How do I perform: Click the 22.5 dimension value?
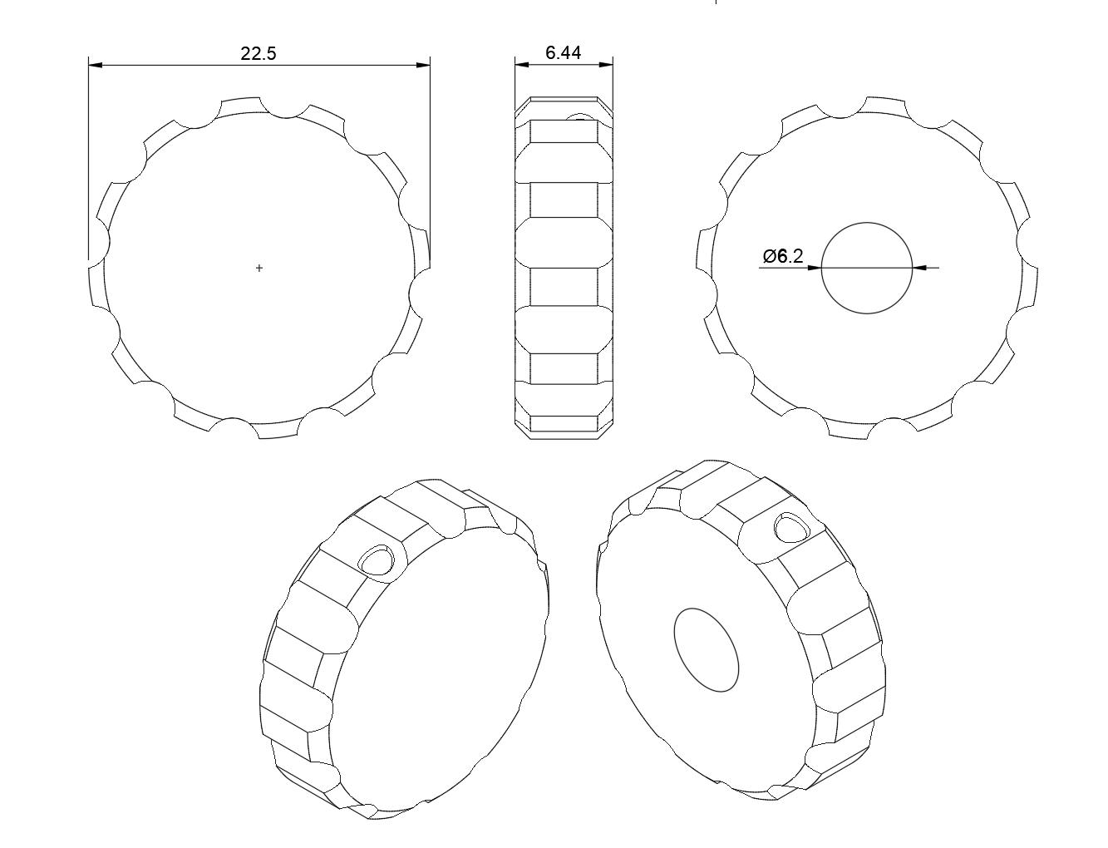pyautogui.click(x=258, y=53)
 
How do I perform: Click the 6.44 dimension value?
pyautogui.click(x=563, y=52)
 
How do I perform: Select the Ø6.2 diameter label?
pyautogui.click(x=782, y=256)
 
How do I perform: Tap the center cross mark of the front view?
pyautogui.click(x=259, y=268)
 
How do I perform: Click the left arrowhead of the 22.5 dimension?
pyautogui.click(x=96, y=65)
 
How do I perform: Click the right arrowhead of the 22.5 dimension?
pyautogui.click(x=423, y=65)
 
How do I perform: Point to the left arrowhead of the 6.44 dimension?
pyautogui.click(x=521, y=65)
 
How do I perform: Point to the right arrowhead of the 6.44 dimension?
pyautogui.click(x=606, y=65)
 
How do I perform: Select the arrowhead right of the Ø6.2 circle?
pyautogui.click(x=919, y=268)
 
